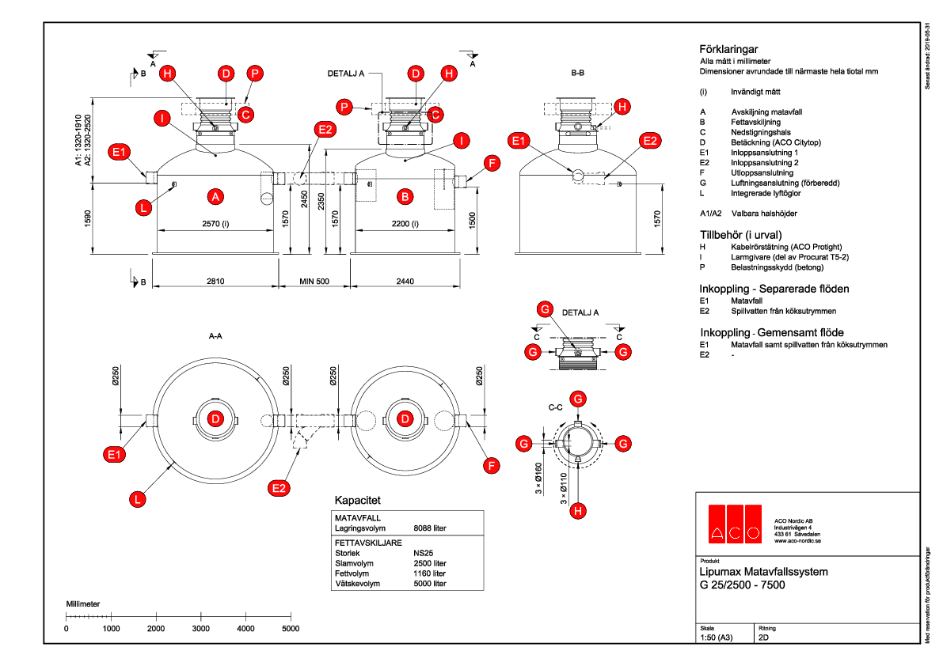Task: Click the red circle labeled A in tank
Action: coord(214,195)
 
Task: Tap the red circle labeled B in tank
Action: coord(405,195)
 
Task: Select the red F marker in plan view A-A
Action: coord(492,466)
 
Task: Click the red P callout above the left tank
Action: coord(255,73)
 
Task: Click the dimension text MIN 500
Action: coord(314,281)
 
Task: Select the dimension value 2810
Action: coord(215,281)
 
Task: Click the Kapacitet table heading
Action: coord(359,501)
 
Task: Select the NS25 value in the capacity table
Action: coord(424,553)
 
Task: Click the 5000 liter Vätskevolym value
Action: coord(430,584)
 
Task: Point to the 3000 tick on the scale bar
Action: coord(201,628)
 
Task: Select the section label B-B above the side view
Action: coord(578,73)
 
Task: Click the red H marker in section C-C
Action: coord(579,512)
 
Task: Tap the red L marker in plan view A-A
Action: coord(139,498)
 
